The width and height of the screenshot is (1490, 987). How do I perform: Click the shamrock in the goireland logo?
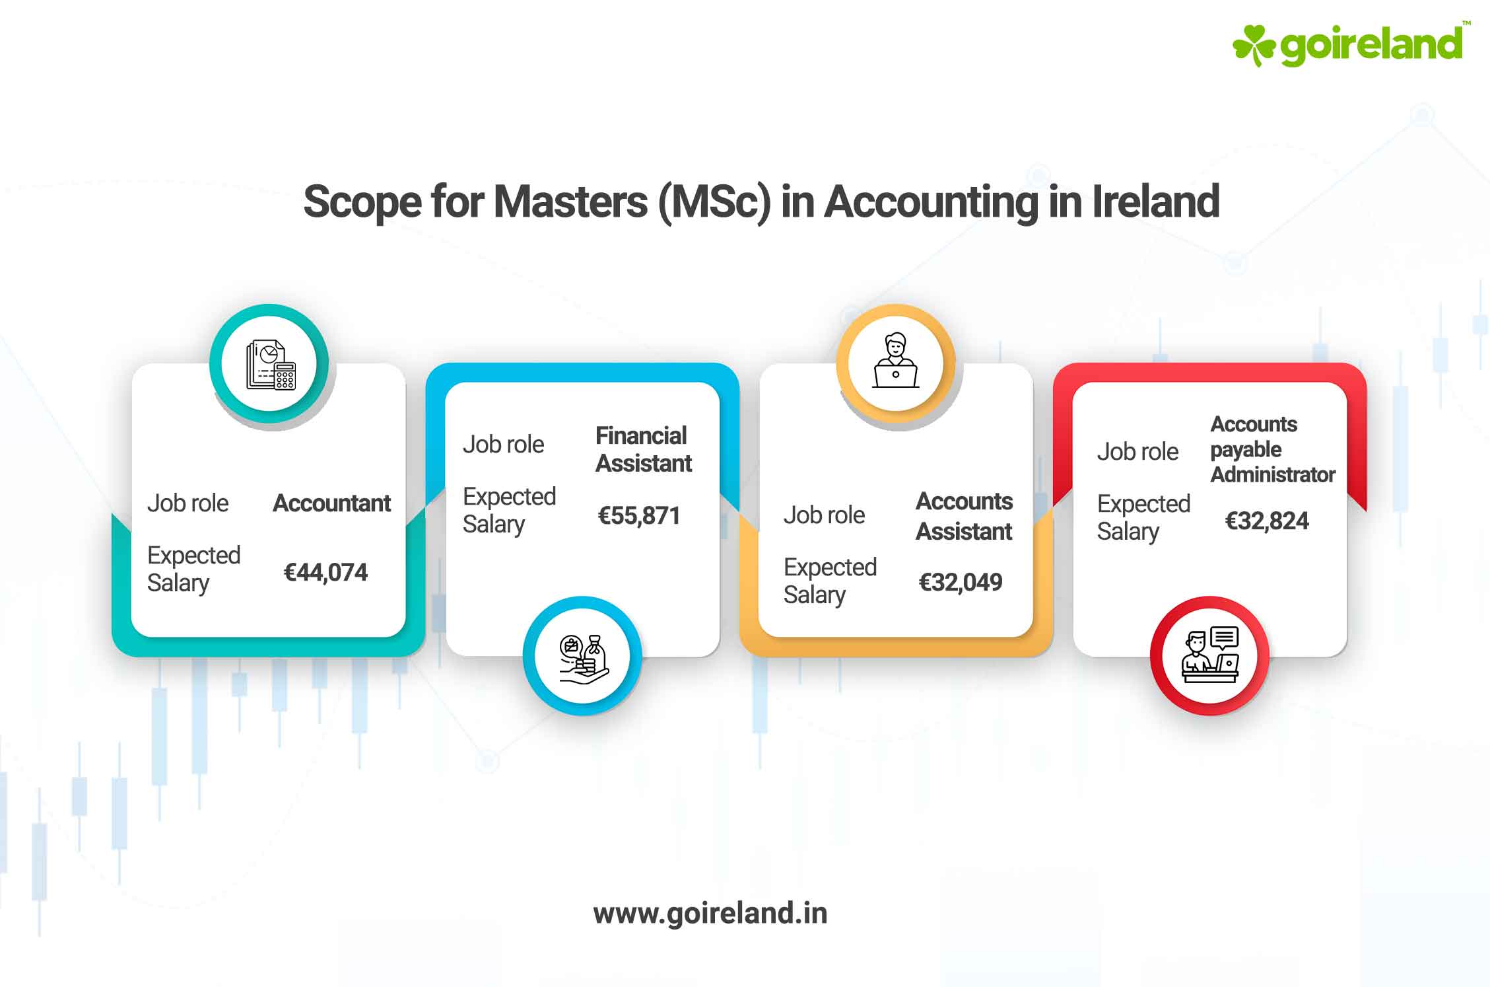(1253, 45)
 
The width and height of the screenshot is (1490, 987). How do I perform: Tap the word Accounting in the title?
(931, 201)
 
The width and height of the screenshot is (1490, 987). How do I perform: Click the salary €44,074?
(325, 572)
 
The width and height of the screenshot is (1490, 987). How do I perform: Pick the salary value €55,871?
(638, 515)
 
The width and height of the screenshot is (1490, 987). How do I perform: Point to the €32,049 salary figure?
(960, 582)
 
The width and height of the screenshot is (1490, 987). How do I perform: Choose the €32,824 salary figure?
(1266, 521)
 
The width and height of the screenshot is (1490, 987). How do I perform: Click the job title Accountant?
(331, 503)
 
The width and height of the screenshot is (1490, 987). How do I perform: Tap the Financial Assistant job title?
(643, 450)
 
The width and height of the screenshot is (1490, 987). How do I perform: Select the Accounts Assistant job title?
(964, 516)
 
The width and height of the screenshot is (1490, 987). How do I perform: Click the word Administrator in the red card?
(1272, 474)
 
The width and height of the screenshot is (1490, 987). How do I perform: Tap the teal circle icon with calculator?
(269, 364)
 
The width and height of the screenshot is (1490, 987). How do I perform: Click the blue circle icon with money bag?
(582, 656)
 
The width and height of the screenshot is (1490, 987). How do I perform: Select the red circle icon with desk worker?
(1209, 656)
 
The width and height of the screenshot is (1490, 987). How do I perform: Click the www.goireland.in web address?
(710, 913)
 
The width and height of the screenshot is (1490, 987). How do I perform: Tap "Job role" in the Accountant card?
(187, 503)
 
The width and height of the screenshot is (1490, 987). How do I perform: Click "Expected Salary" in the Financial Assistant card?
(508, 510)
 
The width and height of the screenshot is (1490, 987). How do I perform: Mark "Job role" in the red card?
(1137, 452)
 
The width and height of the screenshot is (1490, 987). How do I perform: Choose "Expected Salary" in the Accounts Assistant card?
(829, 581)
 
